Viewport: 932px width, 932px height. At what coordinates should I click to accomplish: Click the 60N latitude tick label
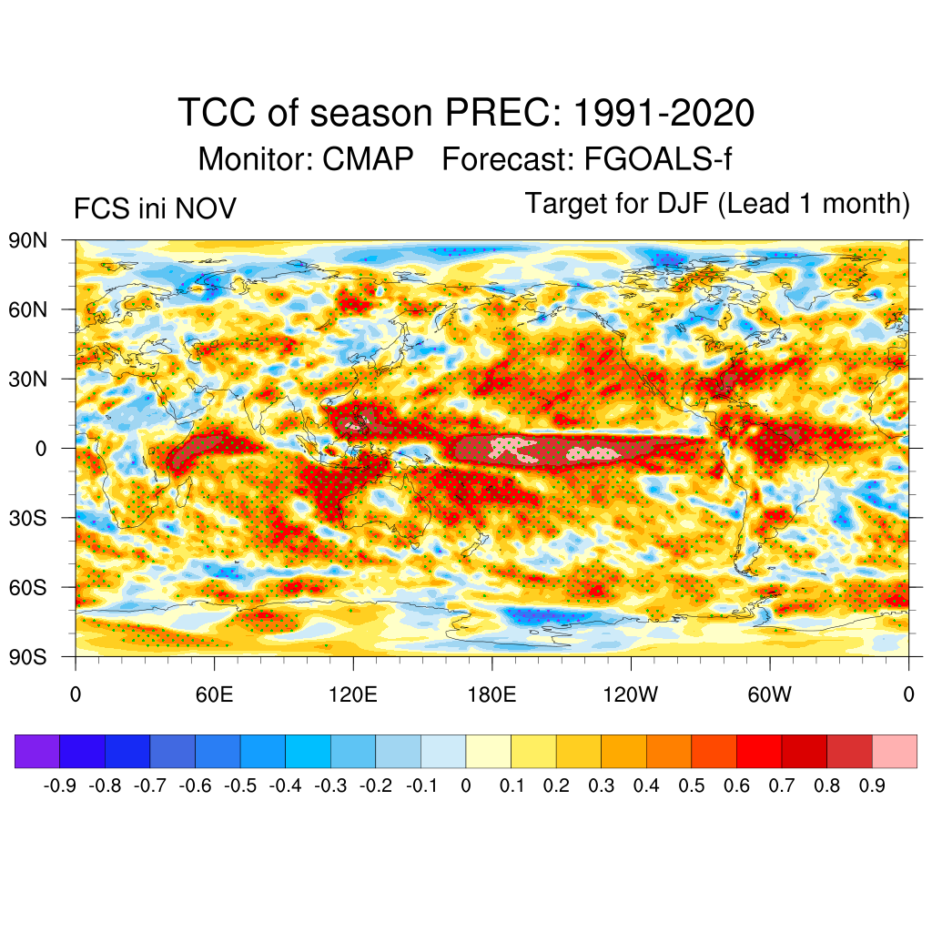tap(27, 309)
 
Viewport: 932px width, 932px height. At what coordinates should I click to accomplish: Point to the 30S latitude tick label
tap(27, 518)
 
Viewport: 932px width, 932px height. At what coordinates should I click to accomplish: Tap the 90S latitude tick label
tap(27, 656)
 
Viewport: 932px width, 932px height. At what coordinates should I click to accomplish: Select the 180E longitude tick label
tap(491, 696)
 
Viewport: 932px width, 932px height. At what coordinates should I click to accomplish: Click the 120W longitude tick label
tap(631, 696)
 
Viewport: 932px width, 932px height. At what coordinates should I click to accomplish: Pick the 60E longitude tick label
tap(214, 696)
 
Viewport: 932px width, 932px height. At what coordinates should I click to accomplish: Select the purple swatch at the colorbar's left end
tap(37, 751)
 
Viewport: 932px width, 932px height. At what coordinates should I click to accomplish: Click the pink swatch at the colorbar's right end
tap(894, 751)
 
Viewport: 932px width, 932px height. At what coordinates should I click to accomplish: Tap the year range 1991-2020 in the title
tap(664, 114)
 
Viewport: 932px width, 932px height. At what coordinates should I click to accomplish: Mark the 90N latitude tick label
tap(27, 240)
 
